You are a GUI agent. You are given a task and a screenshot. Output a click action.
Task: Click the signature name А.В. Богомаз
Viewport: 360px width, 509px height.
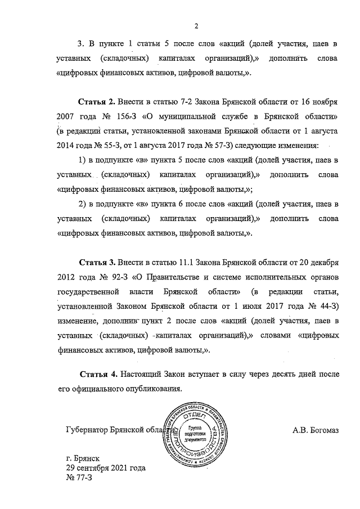pyautogui.click(x=318, y=431)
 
